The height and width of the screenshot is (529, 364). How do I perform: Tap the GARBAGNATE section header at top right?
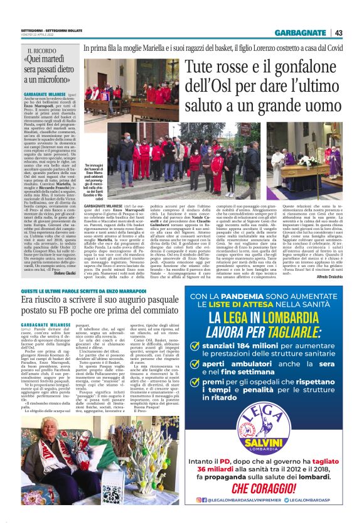[304, 33]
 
